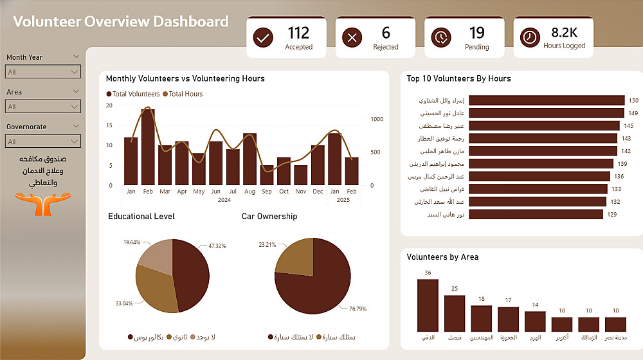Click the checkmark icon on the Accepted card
[263, 38]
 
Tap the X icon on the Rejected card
[352, 38]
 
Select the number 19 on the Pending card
[477, 33]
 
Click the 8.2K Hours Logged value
[565, 32]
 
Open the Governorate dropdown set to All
[42, 141]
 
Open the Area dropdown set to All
[42, 107]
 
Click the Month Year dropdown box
[42, 72]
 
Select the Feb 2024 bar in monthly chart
[148, 147]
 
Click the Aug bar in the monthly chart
[249, 159]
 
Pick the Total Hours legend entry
[183, 94]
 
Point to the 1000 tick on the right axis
[377, 119]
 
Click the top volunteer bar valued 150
[547, 100]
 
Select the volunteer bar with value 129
[536, 214]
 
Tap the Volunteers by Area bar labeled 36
[428, 305]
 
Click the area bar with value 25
[455, 313]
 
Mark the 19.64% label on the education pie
[132, 242]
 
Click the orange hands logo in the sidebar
[42, 204]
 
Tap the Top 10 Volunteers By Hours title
[458, 78]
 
